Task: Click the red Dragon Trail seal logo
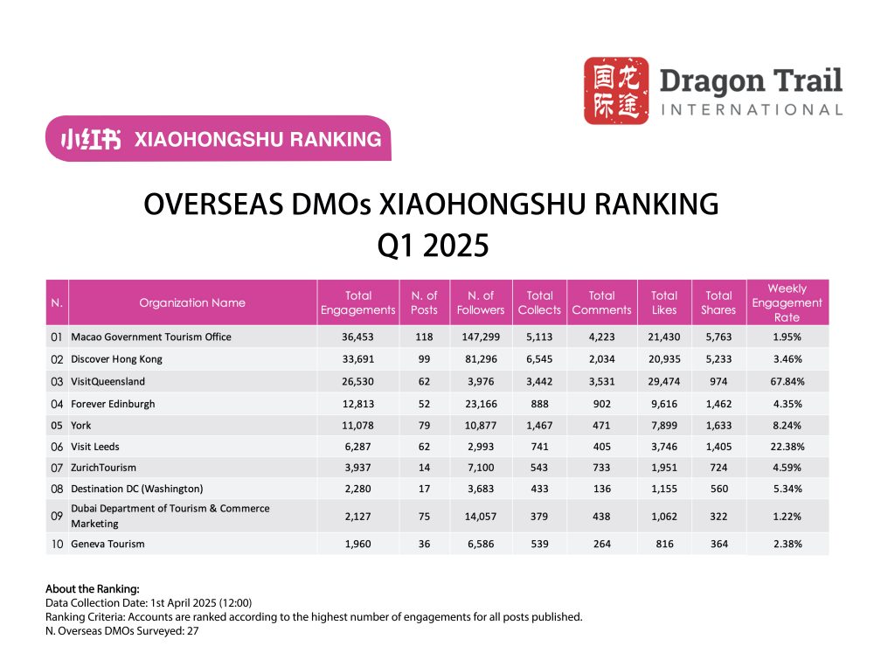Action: [616, 91]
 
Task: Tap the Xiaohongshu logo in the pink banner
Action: [91, 139]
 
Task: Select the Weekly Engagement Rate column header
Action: [787, 302]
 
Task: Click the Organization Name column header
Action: [192, 302]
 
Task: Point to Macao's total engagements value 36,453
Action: [358, 337]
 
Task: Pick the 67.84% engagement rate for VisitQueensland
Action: [787, 381]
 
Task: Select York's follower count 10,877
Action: [480, 426]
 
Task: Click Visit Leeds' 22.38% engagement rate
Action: [787, 447]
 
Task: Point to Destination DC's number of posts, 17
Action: [424, 489]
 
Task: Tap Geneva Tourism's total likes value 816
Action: [664, 544]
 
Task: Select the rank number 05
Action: [57, 426]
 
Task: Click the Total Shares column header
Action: [718, 302]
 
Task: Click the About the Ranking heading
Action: [92, 588]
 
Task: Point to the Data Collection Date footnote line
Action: [149, 603]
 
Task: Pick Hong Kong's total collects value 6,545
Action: [539, 359]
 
